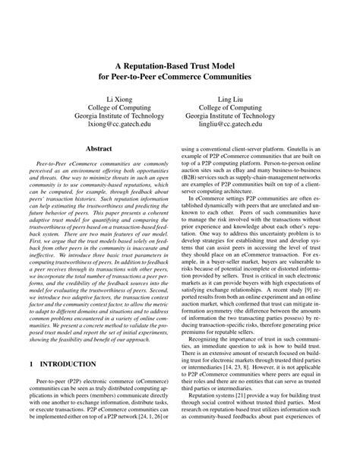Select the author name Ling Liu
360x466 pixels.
(230, 99)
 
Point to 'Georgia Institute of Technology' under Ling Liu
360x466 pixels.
(230, 116)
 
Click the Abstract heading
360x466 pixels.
(99, 150)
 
